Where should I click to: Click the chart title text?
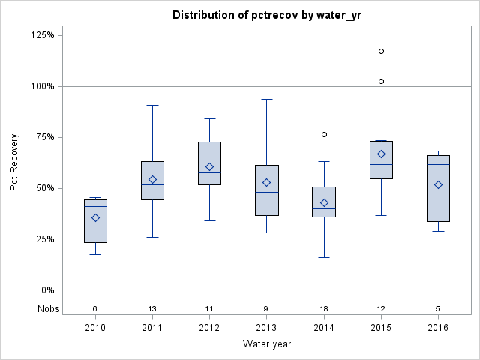click(x=266, y=15)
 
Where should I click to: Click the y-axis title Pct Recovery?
click(x=15, y=163)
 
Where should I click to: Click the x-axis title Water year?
click(x=266, y=343)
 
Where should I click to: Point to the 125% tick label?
click(x=42, y=35)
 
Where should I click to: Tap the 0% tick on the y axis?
click(x=46, y=290)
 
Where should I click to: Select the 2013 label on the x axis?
click(x=266, y=327)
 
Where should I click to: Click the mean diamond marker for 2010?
click(x=95, y=217)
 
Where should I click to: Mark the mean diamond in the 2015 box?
click(x=381, y=154)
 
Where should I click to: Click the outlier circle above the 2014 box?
click(x=324, y=134)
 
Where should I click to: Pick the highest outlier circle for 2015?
click(x=381, y=51)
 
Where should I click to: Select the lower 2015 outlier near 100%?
click(x=381, y=81)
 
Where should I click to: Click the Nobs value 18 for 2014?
click(x=324, y=308)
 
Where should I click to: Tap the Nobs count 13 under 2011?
click(x=152, y=308)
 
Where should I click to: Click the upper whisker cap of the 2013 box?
click(x=266, y=99)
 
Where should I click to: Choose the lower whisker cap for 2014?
click(x=324, y=257)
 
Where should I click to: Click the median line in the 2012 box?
click(x=209, y=172)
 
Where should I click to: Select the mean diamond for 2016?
click(x=439, y=184)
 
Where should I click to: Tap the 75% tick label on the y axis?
click(x=44, y=137)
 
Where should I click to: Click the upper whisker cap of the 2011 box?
click(x=152, y=105)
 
